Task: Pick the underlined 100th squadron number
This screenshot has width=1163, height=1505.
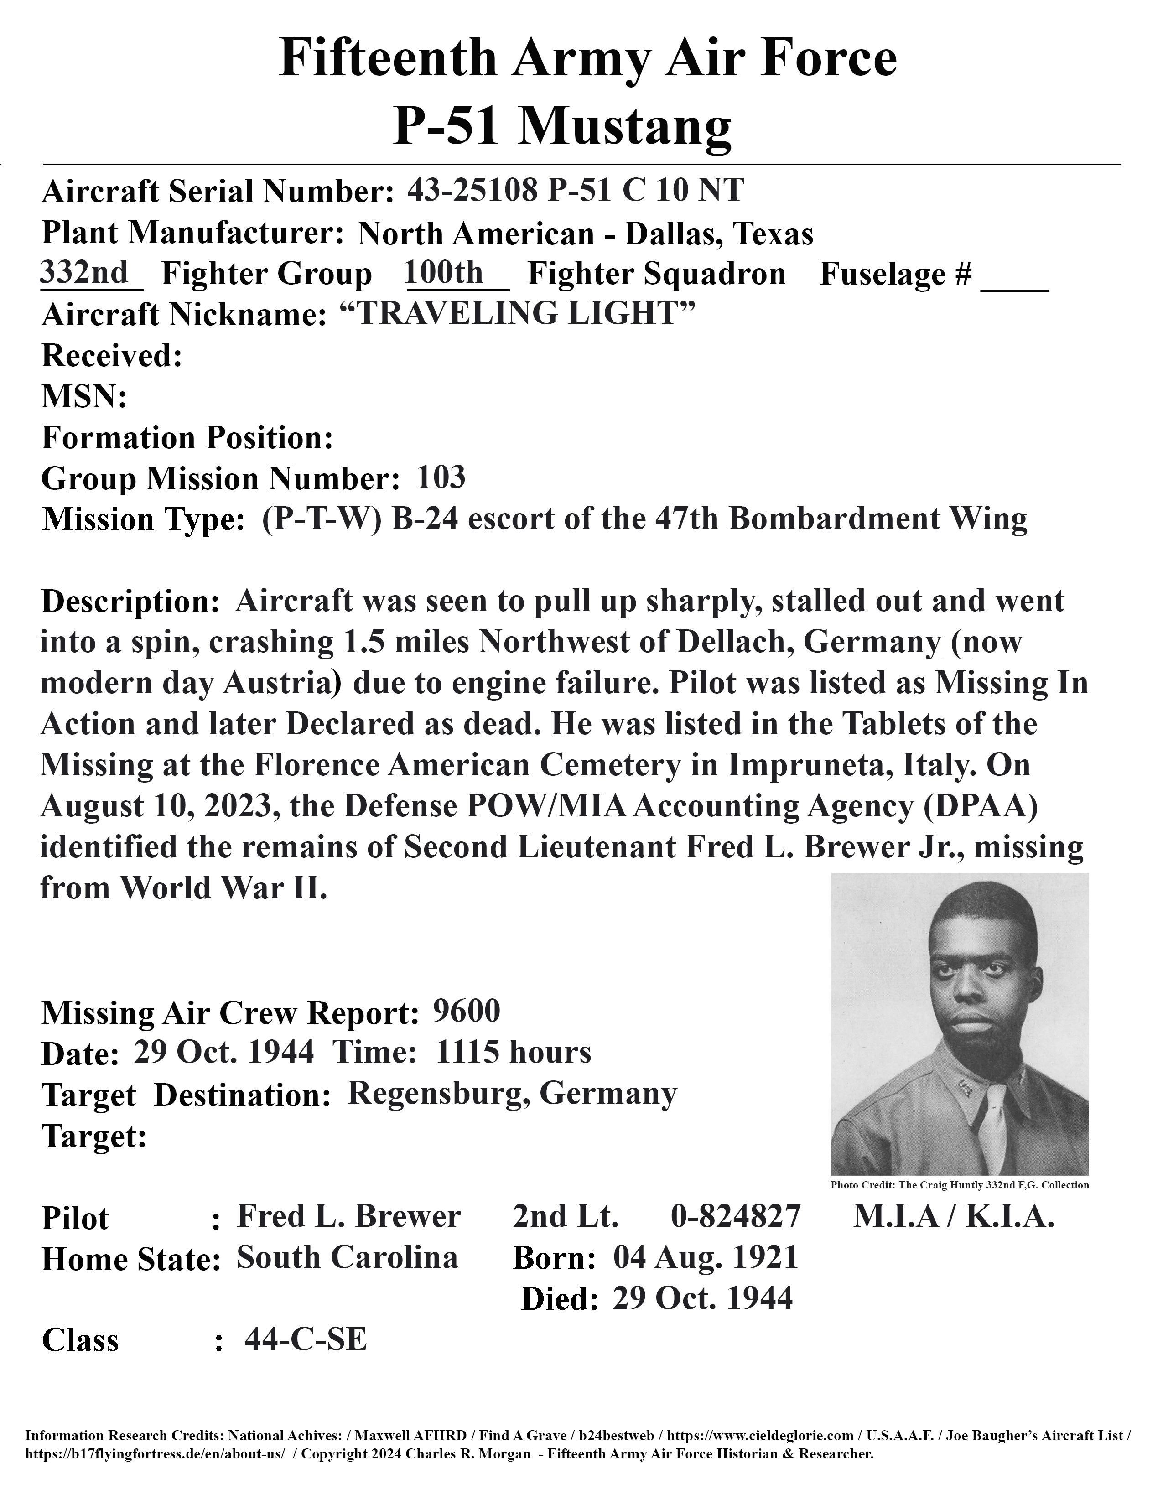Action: [x=444, y=272]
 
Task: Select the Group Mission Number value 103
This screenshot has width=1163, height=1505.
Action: [x=441, y=477]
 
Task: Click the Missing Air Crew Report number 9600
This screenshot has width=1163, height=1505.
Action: [x=467, y=1011]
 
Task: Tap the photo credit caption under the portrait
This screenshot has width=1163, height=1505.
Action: [x=959, y=1185]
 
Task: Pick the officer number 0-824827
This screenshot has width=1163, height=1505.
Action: [x=735, y=1216]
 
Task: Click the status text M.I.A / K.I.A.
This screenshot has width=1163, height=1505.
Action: [x=954, y=1216]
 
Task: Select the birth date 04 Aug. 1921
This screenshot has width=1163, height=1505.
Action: [x=705, y=1258]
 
